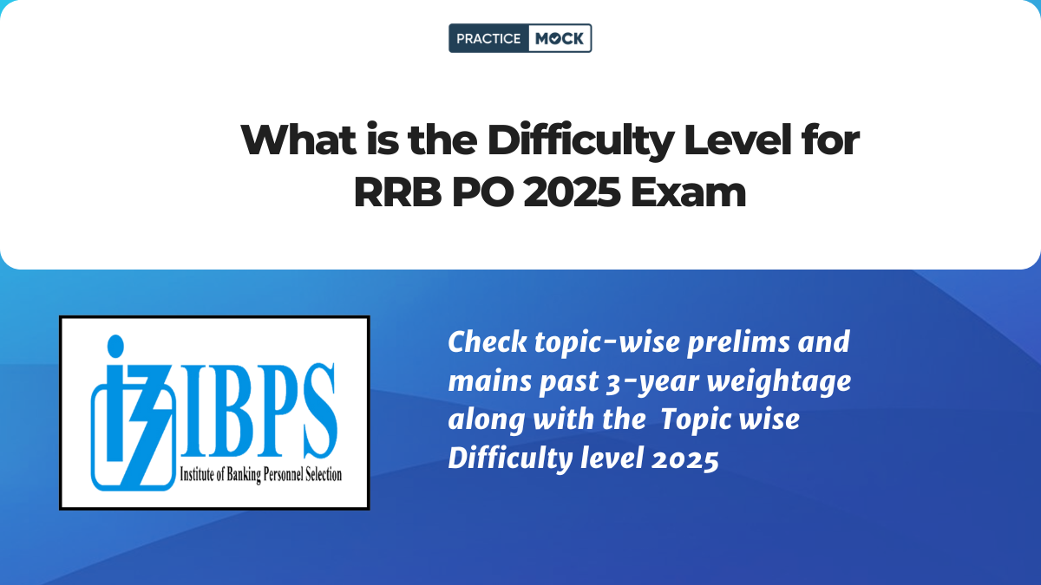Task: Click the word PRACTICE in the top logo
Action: (x=488, y=38)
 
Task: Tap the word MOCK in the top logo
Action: (x=559, y=38)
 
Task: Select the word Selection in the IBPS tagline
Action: (x=318, y=474)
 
